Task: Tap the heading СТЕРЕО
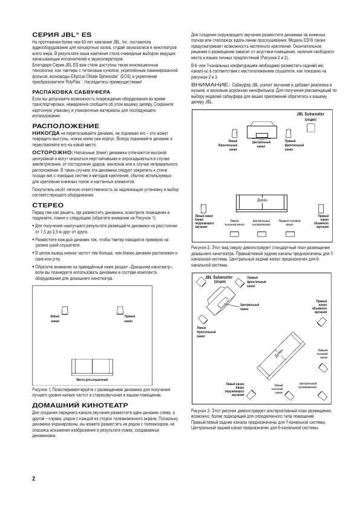coord(47,205)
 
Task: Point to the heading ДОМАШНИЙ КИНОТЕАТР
coord(79,403)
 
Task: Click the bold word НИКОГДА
coord(45,131)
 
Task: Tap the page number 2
coord(34,478)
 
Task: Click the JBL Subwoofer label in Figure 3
coord(217,278)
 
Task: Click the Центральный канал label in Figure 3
coord(249,306)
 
